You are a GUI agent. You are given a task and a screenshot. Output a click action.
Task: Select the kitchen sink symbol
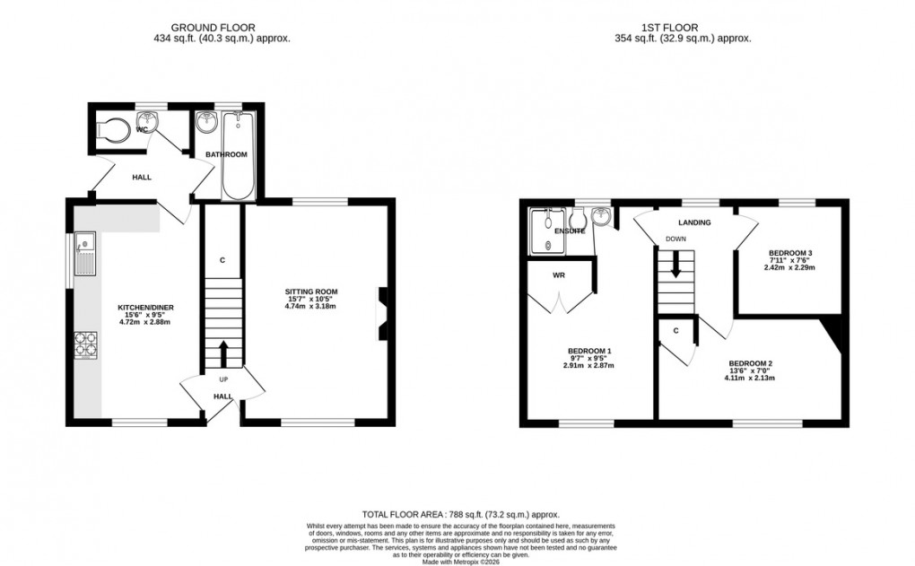(x=86, y=252)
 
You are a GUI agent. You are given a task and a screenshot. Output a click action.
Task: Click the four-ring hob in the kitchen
(x=86, y=345)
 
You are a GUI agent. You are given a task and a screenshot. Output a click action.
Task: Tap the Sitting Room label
(x=311, y=292)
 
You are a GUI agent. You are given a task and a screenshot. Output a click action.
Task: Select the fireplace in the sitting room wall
(x=381, y=314)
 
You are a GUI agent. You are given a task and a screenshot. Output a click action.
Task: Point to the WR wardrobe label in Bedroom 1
(x=559, y=274)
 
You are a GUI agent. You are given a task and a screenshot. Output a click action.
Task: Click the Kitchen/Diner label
(x=145, y=308)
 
